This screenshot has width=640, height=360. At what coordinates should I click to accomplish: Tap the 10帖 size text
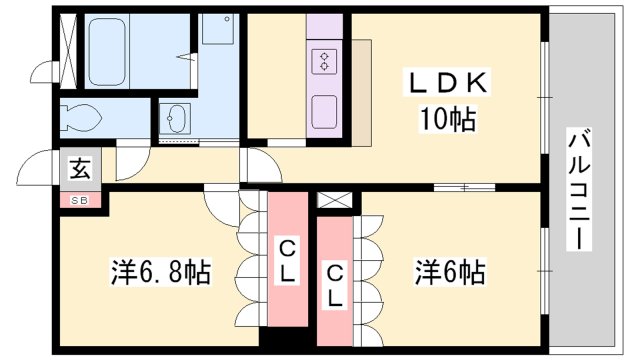point(446,121)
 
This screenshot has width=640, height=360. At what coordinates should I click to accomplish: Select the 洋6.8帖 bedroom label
point(160,272)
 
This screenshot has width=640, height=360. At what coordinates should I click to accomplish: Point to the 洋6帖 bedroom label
point(451,270)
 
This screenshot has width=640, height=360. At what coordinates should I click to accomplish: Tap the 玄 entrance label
point(79,169)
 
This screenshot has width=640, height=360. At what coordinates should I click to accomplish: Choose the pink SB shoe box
point(79,200)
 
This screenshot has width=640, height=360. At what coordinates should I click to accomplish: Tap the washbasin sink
point(179,119)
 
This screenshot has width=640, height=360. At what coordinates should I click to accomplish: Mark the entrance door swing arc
point(42,166)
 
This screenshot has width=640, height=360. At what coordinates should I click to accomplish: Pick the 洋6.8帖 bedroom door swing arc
point(222,203)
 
